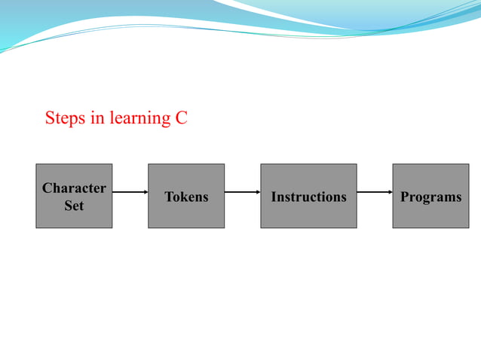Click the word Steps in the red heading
click(65, 118)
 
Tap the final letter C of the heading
click(181, 118)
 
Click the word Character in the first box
click(74, 188)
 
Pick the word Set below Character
click(74, 205)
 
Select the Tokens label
click(186, 197)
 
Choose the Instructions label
click(308, 197)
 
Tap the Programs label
click(430, 197)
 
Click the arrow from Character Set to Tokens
click(130, 192)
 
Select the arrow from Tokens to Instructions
click(242, 192)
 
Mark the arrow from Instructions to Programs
click(374, 192)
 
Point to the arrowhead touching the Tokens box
click(145, 192)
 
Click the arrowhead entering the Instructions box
click(257, 192)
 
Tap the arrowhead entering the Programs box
click(389, 192)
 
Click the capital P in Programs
click(404, 197)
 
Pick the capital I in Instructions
click(274, 197)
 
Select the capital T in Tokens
click(168, 197)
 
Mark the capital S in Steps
click(50, 118)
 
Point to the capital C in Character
click(47, 188)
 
